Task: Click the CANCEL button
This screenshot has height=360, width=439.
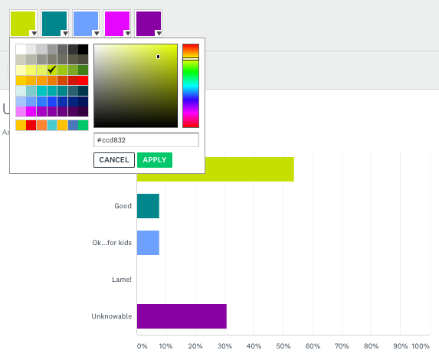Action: pyautogui.click(x=114, y=159)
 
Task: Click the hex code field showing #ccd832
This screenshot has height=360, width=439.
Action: pyautogui.click(x=146, y=140)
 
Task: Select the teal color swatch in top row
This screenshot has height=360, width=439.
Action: pyautogui.click(x=54, y=24)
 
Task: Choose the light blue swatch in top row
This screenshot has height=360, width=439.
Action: pyautogui.click(x=86, y=24)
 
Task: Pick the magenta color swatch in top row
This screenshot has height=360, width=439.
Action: pyautogui.click(x=116, y=24)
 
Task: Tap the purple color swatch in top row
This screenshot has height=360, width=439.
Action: pyautogui.click(x=148, y=24)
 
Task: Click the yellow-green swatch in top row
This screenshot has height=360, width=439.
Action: pyautogui.click(x=23, y=24)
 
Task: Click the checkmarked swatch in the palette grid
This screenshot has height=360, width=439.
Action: pyautogui.click(x=51, y=70)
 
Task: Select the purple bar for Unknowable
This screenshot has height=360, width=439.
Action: pyautogui.click(x=182, y=316)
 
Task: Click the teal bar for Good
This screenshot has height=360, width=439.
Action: pyautogui.click(x=148, y=206)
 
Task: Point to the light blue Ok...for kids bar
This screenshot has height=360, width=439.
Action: pyautogui.click(x=148, y=243)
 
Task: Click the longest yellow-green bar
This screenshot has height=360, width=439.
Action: pyautogui.click(x=215, y=169)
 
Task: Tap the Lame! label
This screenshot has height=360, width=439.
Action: pyautogui.click(x=123, y=280)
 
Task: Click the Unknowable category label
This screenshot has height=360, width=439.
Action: pyautogui.click(x=112, y=316)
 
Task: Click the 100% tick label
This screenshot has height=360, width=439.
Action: pyautogui.click(x=421, y=345)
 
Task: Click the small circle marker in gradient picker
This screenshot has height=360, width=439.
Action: pyautogui.click(x=159, y=57)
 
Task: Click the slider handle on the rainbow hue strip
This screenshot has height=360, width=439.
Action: pyautogui.click(x=191, y=58)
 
